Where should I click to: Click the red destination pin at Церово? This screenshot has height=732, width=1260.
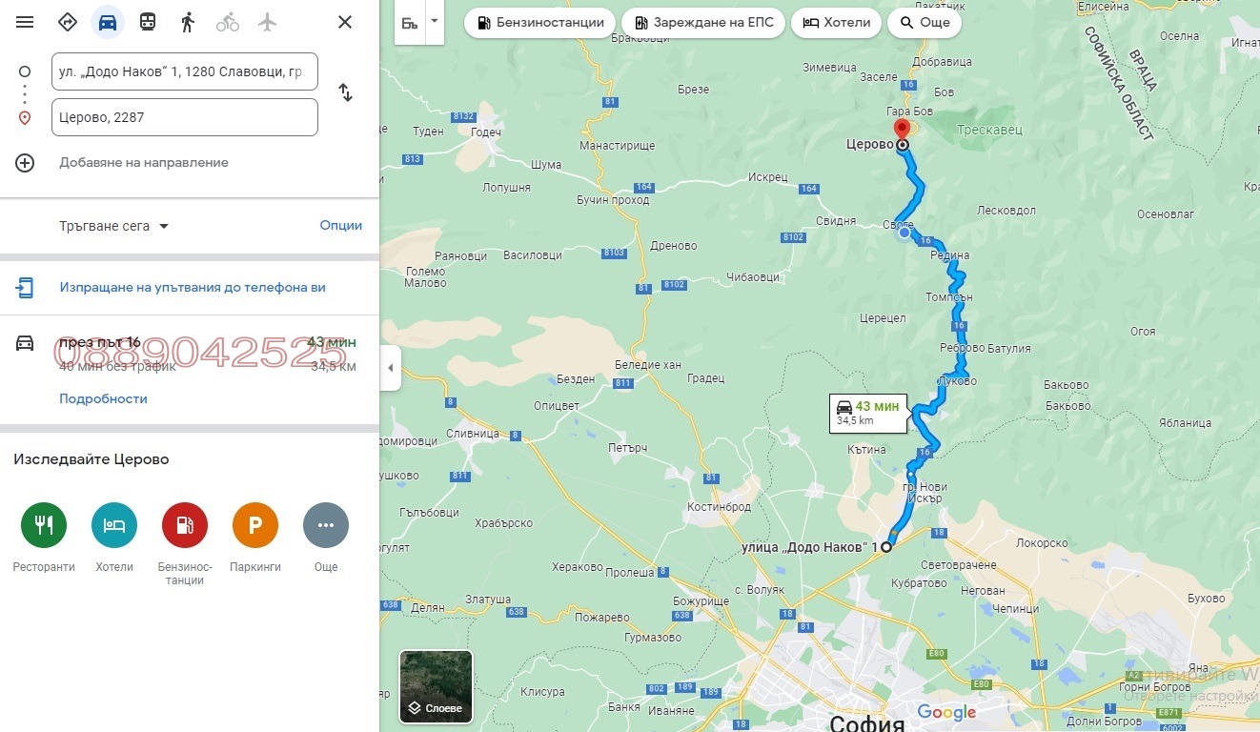(901, 130)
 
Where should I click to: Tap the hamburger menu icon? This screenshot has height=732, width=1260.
(25, 22)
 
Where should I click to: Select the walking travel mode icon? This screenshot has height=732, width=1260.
(188, 22)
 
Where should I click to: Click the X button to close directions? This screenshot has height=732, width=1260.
(345, 22)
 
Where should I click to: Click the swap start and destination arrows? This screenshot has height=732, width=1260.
(345, 93)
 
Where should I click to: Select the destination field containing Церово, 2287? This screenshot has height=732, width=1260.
(185, 117)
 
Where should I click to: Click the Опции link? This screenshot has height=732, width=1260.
(340, 226)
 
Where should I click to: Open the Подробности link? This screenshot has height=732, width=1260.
(103, 398)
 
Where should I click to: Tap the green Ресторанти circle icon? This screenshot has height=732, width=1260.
(44, 525)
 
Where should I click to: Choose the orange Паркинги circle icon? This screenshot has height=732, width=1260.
(255, 525)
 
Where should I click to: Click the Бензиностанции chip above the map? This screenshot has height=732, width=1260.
(539, 22)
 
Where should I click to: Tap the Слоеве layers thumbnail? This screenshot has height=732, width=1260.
(436, 686)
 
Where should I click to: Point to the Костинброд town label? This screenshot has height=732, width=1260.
(719, 507)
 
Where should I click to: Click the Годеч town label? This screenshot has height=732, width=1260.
(485, 132)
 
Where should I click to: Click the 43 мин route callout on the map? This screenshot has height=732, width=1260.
(867, 413)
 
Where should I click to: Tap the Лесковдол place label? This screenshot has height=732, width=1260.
(1006, 211)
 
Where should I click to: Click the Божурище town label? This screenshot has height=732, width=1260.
(701, 601)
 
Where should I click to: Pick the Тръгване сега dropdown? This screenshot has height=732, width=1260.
(113, 226)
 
